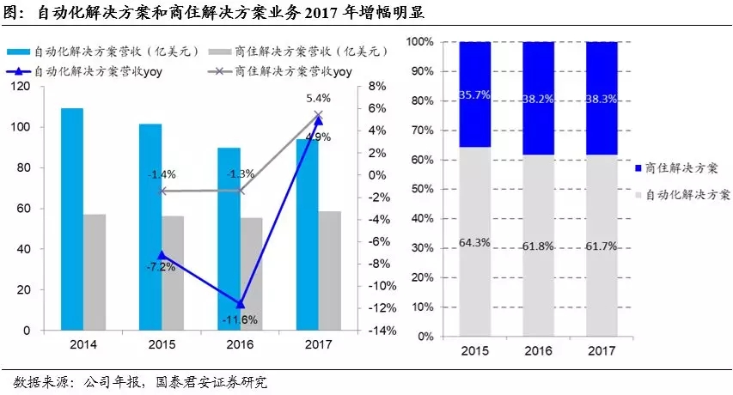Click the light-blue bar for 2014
pyautogui.click(x=71, y=219)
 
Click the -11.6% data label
pyautogui.click(x=240, y=320)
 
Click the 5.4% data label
pyautogui.click(x=318, y=99)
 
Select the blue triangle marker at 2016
pyautogui.click(x=240, y=304)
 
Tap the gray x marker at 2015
pyautogui.click(x=162, y=191)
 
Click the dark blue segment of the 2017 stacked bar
pyautogui.click(x=602, y=98)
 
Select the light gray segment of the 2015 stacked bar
pyautogui.click(x=474, y=241)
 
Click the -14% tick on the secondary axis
pyautogui.click(x=383, y=331)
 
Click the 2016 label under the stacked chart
pyautogui.click(x=538, y=352)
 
